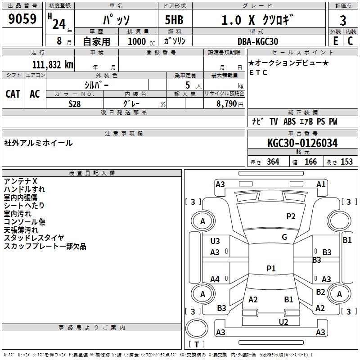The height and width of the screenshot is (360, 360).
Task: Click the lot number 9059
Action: point(22,19)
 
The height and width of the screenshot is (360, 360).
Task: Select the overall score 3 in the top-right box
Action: point(343,20)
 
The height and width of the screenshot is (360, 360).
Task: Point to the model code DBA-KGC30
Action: point(258,41)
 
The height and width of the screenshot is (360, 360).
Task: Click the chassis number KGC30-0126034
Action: point(302,144)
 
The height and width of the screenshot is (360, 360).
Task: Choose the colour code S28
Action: point(75,103)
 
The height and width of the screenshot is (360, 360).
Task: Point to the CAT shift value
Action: point(13,94)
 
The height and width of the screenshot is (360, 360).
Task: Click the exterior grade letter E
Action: point(335,41)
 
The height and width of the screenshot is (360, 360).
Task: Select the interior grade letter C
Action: point(350,41)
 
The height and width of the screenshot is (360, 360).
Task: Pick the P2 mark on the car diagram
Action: point(291,216)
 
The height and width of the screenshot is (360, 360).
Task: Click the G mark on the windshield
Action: point(284,237)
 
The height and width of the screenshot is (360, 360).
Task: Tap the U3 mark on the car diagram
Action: point(215,241)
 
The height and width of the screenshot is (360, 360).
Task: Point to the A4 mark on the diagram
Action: point(215,279)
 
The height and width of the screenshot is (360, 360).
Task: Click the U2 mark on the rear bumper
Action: point(283,321)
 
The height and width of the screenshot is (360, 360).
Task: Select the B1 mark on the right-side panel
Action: point(347,240)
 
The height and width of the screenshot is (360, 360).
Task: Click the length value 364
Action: point(273,162)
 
